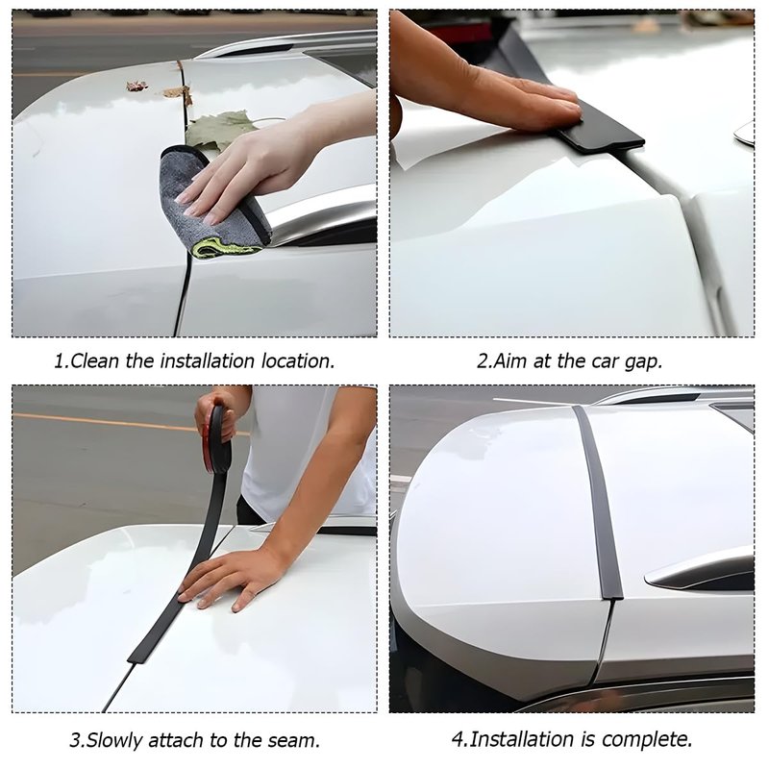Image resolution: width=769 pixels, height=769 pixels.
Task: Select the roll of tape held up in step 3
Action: pyautogui.click(x=219, y=440)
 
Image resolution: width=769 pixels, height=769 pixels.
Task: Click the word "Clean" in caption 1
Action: pyautogui.click(x=94, y=361)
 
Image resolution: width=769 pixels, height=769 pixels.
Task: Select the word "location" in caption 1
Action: pyautogui.click(x=297, y=361)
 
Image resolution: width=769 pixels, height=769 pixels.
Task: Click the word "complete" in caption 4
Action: pyautogui.click(x=647, y=739)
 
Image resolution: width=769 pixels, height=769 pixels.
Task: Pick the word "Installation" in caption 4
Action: pyautogui.click(x=522, y=738)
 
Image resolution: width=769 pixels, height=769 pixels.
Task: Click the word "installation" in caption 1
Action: pyautogui.click(x=208, y=361)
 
